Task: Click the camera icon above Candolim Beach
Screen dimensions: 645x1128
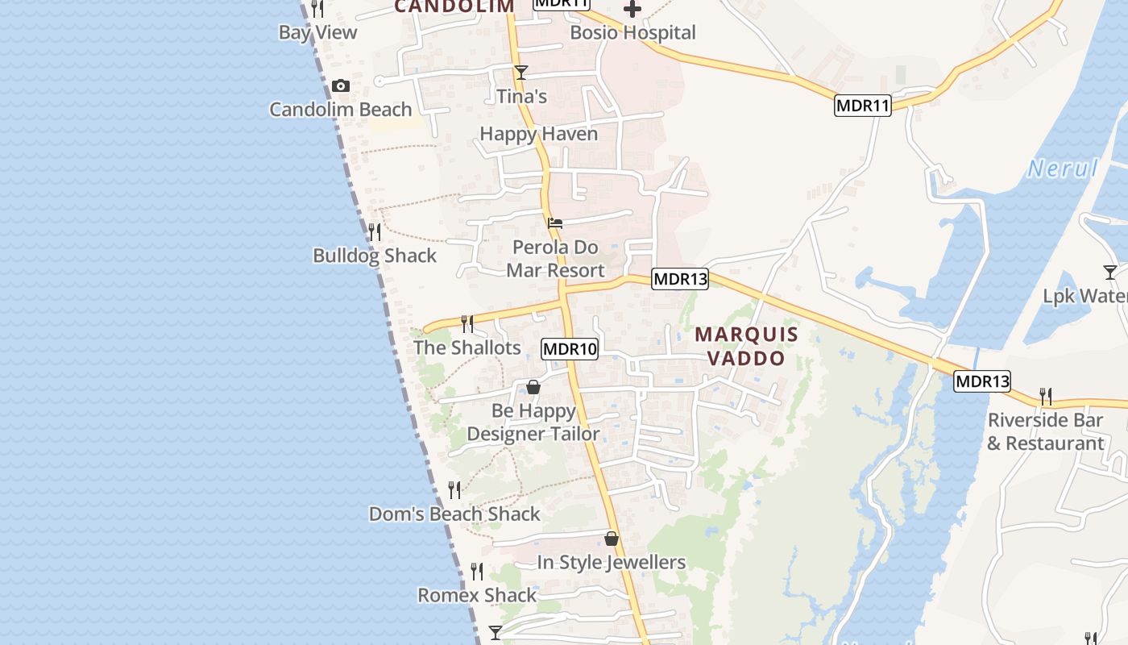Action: [341, 85]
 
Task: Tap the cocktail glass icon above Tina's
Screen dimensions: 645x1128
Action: [521, 73]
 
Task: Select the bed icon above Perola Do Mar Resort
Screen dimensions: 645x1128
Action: [554, 223]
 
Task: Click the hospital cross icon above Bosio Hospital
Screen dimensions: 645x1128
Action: [632, 9]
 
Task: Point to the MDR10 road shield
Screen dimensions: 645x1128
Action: [570, 349]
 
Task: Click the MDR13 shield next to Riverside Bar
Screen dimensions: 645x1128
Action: [981, 381]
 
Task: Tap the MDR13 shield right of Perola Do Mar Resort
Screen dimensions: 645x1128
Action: [680, 279]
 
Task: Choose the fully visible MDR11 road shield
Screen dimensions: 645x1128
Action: [862, 105]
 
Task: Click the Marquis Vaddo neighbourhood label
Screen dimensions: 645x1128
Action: [746, 346]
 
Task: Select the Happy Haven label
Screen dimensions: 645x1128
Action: [539, 134]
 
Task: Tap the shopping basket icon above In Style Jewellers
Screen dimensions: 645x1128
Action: [612, 539]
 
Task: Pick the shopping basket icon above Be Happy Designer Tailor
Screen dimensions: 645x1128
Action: [533, 387]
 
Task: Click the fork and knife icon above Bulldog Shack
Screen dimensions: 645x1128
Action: [375, 232]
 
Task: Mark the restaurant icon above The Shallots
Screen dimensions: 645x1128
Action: [467, 324]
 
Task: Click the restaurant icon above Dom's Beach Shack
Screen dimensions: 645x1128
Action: [454, 490]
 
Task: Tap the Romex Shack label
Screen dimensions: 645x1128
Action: [477, 595]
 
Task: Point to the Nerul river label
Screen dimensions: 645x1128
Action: [1063, 169]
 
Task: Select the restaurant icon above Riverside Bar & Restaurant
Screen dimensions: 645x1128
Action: [1046, 397]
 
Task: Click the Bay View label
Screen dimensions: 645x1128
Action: [317, 32]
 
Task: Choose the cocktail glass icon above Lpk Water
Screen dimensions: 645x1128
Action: [1110, 273]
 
